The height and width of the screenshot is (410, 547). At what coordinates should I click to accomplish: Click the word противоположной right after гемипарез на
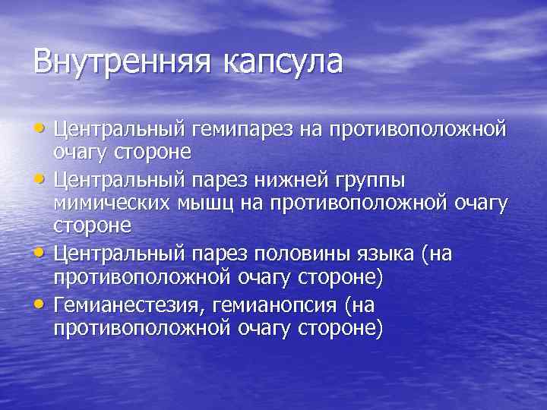coord(432,131)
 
